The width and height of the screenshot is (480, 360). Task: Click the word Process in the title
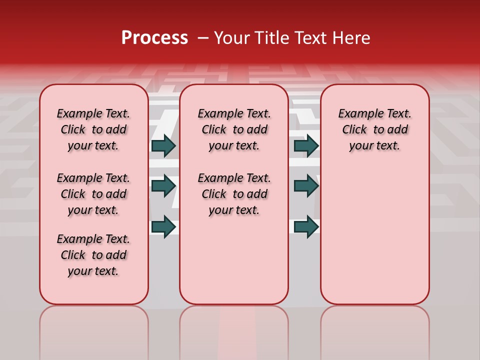coord(154,38)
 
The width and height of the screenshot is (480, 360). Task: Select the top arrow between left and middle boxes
coord(163,145)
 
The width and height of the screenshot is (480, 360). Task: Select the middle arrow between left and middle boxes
coord(163,186)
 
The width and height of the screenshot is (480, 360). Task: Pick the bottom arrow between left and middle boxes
coord(163,226)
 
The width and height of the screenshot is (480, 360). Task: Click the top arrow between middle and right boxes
coord(306,145)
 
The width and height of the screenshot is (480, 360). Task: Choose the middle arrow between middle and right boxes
coord(306,186)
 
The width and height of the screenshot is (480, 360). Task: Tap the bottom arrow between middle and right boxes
coord(306,226)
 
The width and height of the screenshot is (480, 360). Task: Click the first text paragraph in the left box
coord(93,129)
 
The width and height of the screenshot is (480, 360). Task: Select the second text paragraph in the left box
coord(93,194)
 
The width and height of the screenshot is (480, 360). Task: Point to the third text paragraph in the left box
coord(93,255)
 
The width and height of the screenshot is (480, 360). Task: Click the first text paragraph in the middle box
coord(234,129)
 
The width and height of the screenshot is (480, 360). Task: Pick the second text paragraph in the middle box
coord(234,194)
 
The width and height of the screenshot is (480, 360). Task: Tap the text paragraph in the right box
coord(374,129)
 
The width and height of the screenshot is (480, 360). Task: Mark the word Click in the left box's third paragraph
coord(73,255)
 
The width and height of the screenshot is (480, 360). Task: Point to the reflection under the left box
coord(94,330)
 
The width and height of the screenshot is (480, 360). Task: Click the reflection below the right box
coord(374,330)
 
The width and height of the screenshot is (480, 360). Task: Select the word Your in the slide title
coord(229,38)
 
